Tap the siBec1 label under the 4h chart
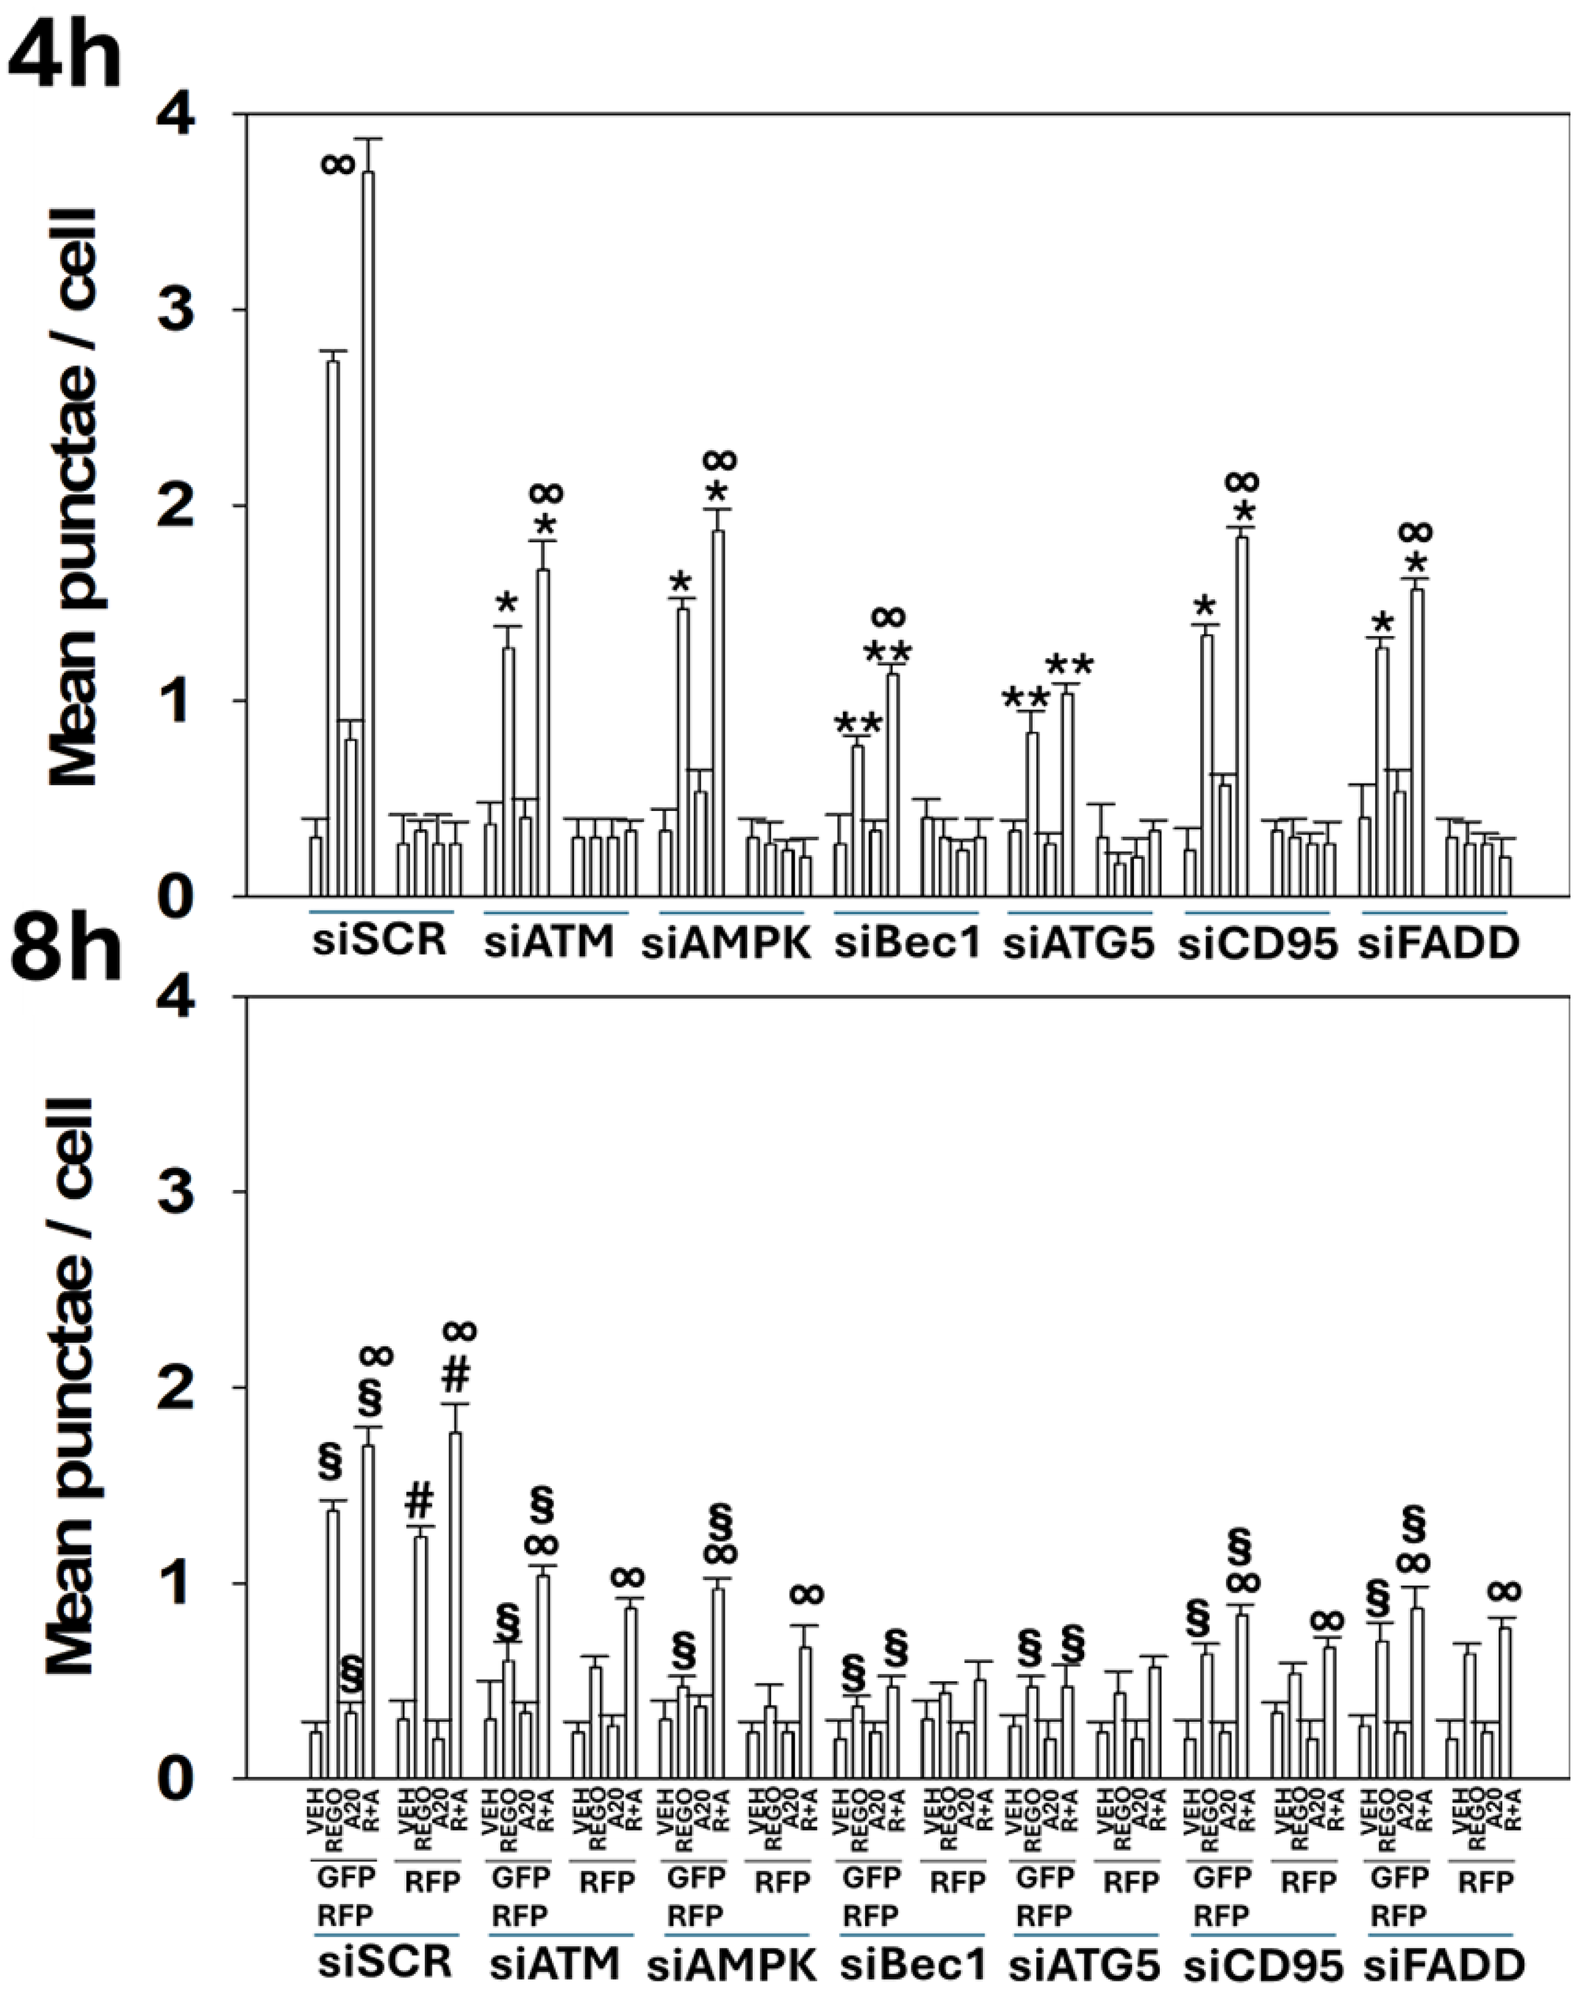[x=906, y=943]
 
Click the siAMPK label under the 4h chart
[x=727, y=944]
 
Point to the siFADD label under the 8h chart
[x=1440, y=1962]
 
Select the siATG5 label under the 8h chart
[x=1087, y=1962]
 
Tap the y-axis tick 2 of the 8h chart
[x=189, y=1388]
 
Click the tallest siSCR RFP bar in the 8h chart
[x=455, y=1606]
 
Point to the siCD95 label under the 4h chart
[x=1258, y=944]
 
